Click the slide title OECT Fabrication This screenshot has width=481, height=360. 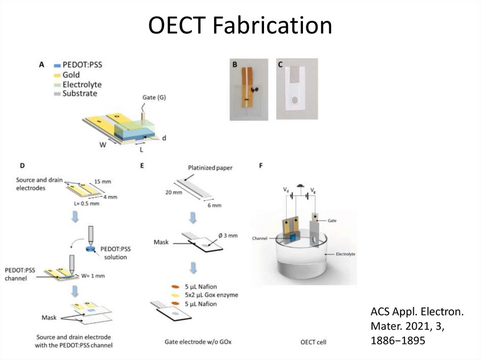tap(240, 26)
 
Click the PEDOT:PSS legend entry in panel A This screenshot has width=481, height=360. tap(82, 65)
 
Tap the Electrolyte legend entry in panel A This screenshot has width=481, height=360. tap(82, 84)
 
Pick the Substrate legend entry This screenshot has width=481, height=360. tap(79, 93)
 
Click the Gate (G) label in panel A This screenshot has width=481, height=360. tap(154, 98)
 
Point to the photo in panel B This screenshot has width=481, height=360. tap(248, 89)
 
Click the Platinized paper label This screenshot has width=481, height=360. tap(210, 168)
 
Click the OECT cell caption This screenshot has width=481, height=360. tap(313, 342)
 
